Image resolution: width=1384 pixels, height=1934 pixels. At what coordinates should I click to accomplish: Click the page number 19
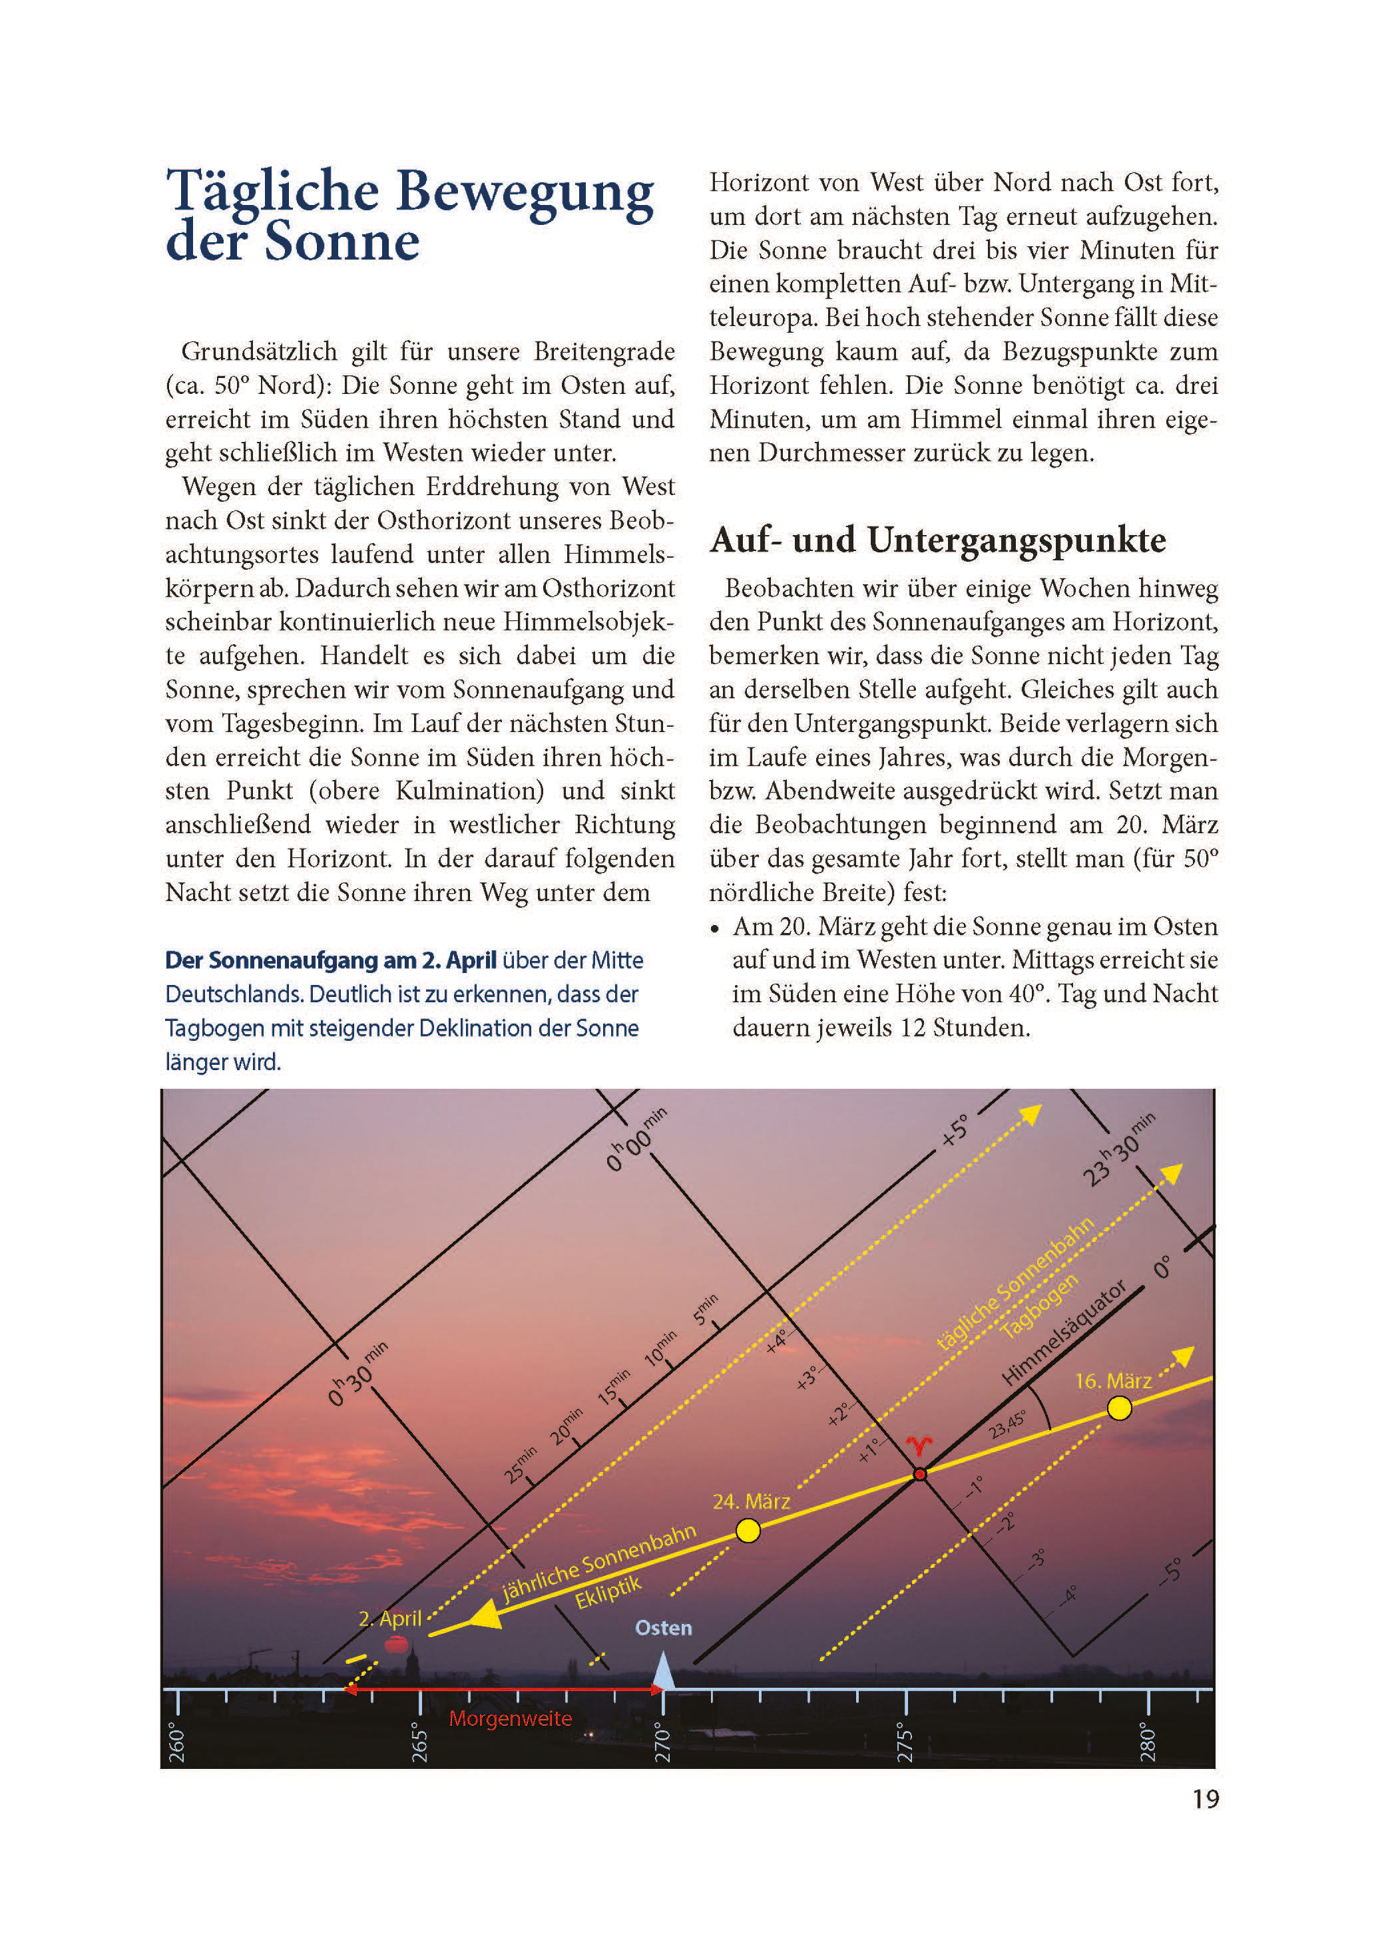pos(1205,1798)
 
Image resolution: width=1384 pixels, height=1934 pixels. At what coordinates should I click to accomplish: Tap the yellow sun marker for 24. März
pos(748,1531)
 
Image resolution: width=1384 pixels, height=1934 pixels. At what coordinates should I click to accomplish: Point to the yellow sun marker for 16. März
pos(1119,1408)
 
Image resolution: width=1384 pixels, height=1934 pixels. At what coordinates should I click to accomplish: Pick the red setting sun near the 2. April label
pos(396,1644)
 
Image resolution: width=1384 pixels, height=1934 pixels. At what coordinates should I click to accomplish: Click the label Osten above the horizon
pos(663,1628)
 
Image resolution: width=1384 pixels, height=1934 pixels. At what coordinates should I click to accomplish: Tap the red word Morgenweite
pos(510,1718)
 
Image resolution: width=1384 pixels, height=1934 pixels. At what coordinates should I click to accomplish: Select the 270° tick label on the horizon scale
pos(663,1745)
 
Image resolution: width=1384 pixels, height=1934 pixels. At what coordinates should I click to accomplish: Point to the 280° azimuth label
pos(1148,1744)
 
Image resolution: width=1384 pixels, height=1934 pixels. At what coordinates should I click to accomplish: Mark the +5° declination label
pos(955,1131)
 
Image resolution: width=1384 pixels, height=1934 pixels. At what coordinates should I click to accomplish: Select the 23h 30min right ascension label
pos(1118,1149)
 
